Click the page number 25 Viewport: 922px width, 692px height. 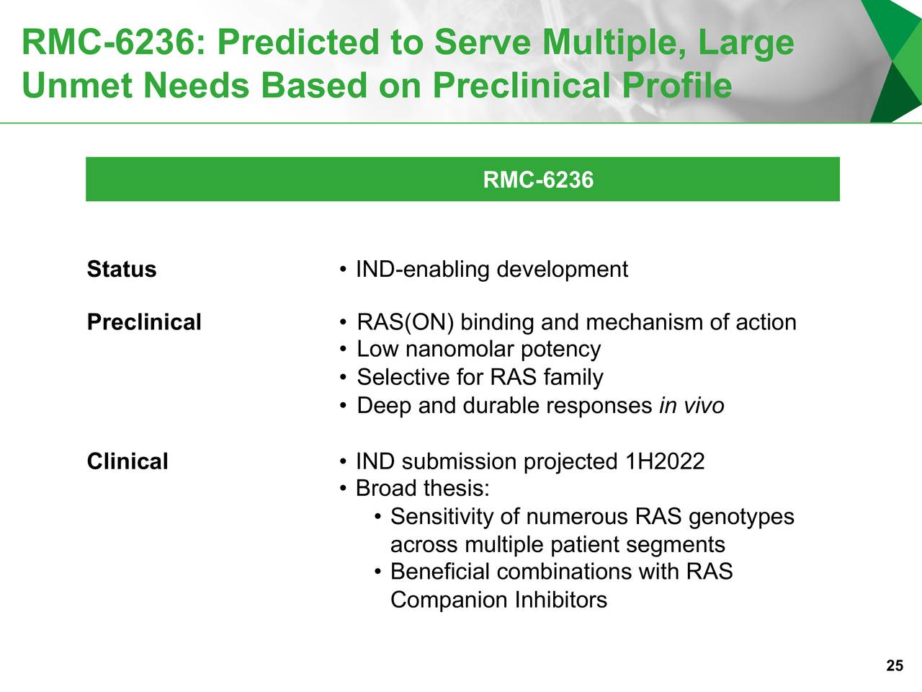click(894, 666)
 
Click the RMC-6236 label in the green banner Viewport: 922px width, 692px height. click(538, 179)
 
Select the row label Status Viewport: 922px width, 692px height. click(122, 270)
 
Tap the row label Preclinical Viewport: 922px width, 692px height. click(144, 322)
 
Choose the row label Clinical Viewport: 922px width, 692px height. click(127, 461)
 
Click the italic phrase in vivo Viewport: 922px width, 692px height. click(691, 406)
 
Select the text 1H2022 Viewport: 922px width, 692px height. click(665, 461)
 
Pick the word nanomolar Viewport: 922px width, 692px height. click(459, 350)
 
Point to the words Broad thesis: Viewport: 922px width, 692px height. click(423, 489)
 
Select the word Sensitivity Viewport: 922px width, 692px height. click(442, 517)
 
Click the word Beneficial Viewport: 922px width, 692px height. click(439, 572)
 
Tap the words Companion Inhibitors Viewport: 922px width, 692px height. click(498, 600)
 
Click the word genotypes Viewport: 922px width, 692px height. click(741, 517)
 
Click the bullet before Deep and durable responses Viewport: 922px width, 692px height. click(344, 407)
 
